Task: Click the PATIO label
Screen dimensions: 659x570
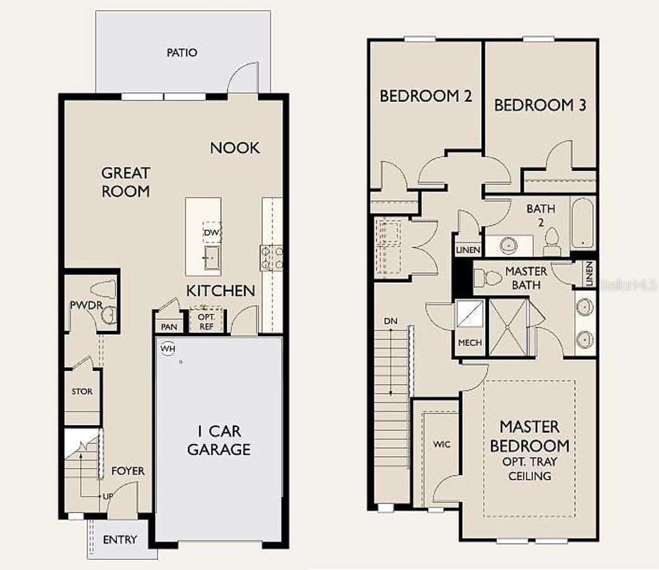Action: (182, 53)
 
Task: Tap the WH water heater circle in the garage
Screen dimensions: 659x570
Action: (168, 349)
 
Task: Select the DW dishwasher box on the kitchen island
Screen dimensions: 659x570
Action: (212, 232)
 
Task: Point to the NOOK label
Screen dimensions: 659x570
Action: (235, 147)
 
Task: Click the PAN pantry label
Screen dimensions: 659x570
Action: (169, 326)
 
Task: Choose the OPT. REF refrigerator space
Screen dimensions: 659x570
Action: (206, 321)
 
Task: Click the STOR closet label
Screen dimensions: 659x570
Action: (82, 392)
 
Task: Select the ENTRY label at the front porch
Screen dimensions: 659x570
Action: (120, 539)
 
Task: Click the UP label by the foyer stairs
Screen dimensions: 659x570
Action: (108, 497)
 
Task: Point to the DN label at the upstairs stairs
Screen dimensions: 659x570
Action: (390, 321)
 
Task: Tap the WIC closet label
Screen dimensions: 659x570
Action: (441, 444)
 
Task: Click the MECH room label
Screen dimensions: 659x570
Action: (470, 343)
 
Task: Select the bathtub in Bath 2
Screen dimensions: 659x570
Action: (582, 223)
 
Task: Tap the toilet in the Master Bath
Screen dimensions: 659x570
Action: (488, 278)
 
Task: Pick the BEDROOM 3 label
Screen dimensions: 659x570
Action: (540, 105)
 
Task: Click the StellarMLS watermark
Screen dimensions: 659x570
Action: (628, 285)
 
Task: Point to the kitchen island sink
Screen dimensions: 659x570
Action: (211, 257)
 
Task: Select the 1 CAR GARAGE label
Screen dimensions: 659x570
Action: (219, 440)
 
